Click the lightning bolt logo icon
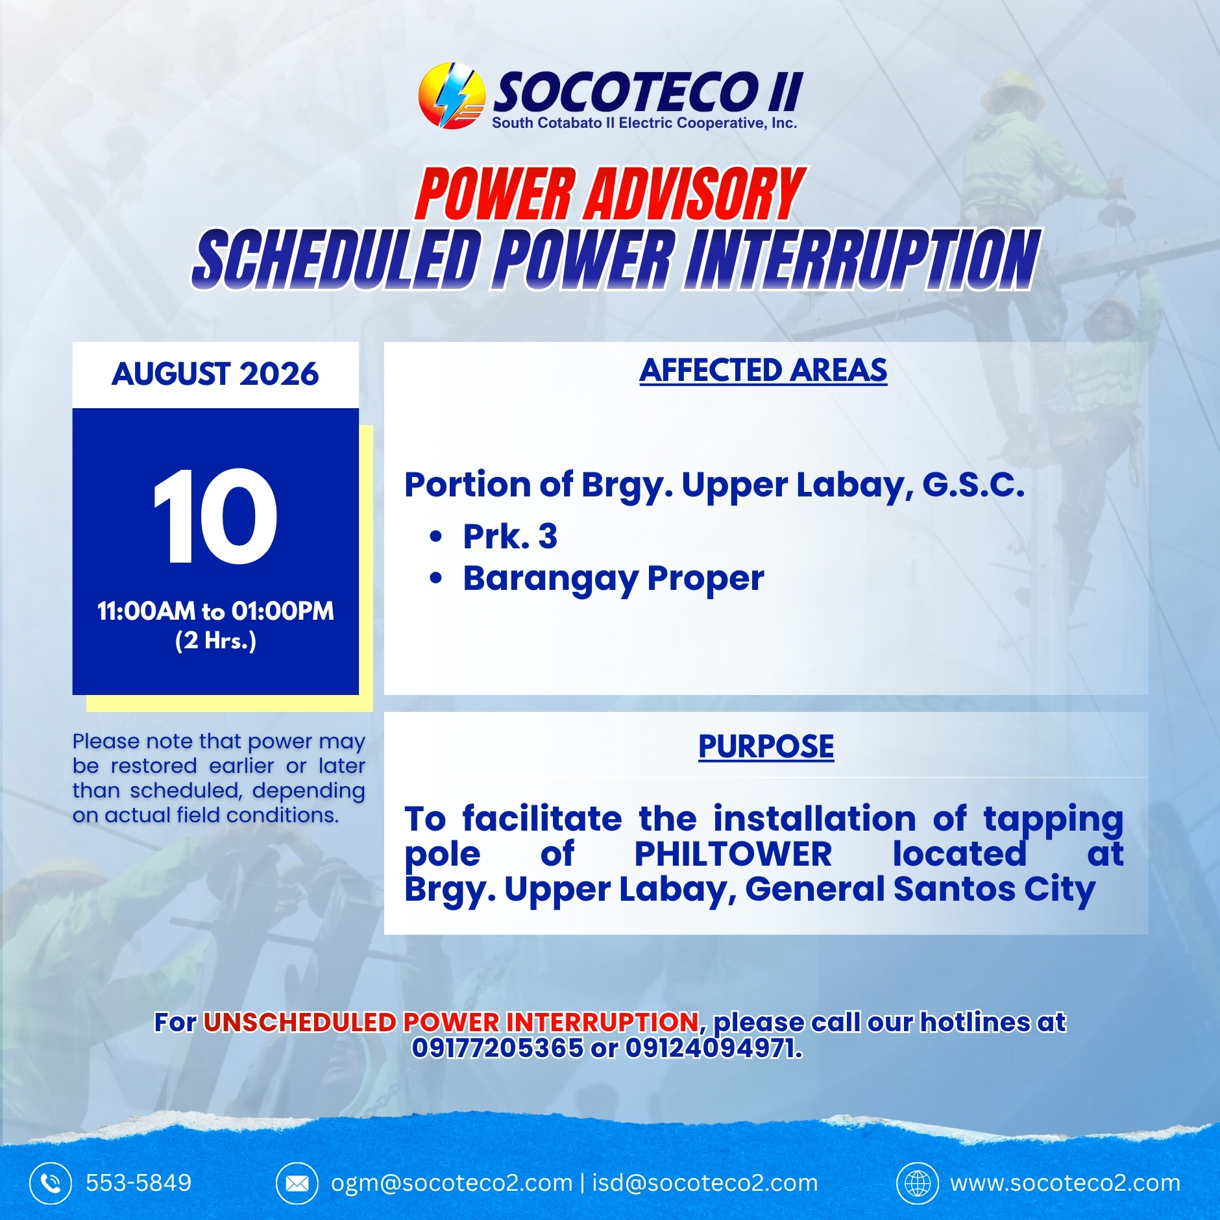pyautogui.click(x=452, y=95)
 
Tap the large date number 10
pyautogui.click(x=215, y=517)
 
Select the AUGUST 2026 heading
pyautogui.click(x=215, y=374)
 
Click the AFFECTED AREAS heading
pyautogui.click(x=763, y=371)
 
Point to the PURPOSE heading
pyautogui.click(x=766, y=746)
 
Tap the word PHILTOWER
pyautogui.click(x=733, y=854)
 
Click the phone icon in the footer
pyautogui.click(x=51, y=1183)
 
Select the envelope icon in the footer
pyautogui.click(x=297, y=1183)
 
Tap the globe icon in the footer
pyautogui.click(x=918, y=1183)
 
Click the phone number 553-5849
pyautogui.click(x=139, y=1183)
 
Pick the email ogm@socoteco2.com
pyautogui.click(x=452, y=1183)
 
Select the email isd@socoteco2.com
pyautogui.click(x=705, y=1183)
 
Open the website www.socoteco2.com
pyautogui.click(x=1066, y=1183)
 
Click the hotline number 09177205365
pyautogui.click(x=498, y=1048)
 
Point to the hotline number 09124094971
pyautogui.click(x=713, y=1048)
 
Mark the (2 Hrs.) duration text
pyautogui.click(x=215, y=640)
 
